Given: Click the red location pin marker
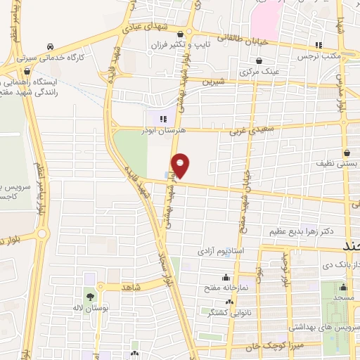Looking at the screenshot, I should coord(181,165).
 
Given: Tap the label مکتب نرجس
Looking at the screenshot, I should coord(312,56).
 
